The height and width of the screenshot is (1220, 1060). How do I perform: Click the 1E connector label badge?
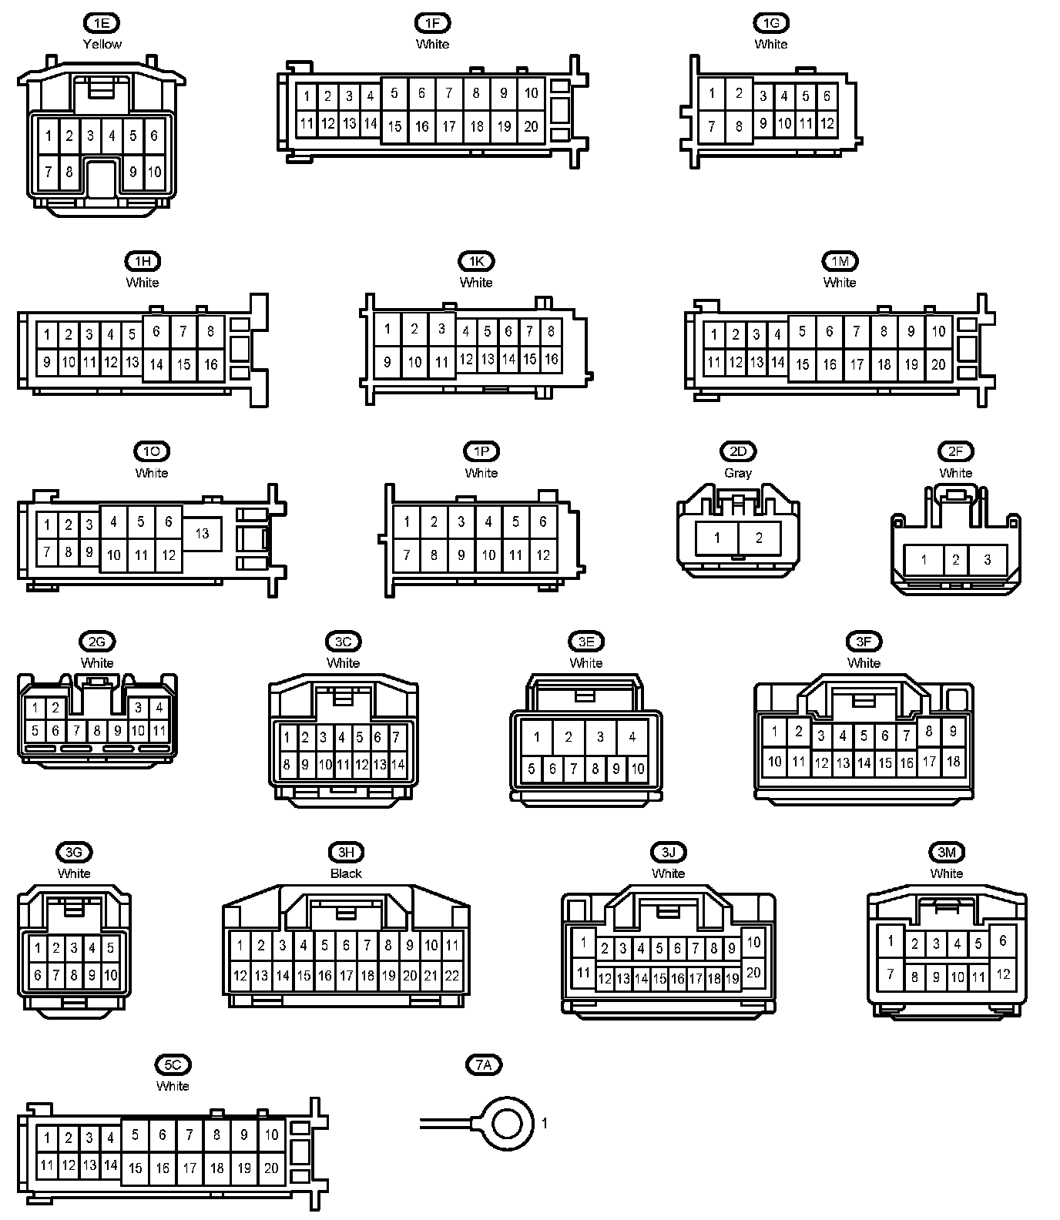pyautogui.click(x=102, y=23)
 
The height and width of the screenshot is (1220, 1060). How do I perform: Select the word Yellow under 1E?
pyautogui.click(x=102, y=44)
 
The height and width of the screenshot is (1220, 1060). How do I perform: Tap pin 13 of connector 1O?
pyautogui.click(x=202, y=533)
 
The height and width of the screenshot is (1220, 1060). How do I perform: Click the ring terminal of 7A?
pyautogui.click(x=506, y=1124)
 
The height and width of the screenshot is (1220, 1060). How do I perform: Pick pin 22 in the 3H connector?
pyautogui.click(x=452, y=975)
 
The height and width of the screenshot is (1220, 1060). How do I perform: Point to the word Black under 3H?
pyautogui.click(x=346, y=873)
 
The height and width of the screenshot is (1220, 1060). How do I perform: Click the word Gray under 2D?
pyautogui.click(x=737, y=473)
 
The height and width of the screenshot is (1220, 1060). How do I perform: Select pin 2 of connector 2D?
pyautogui.click(x=759, y=538)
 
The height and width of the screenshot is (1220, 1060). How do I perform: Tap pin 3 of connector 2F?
pyautogui.click(x=988, y=560)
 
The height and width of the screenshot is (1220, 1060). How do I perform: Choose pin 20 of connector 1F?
pyautogui.click(x=531, y=126)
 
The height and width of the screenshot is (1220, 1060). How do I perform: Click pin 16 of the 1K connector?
pyautogui.click(x=551, y=359)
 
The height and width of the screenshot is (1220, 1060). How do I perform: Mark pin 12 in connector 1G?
pyautogui.click(x=827, y=123)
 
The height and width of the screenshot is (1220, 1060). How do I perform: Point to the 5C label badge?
pyautogui.click(x=173, y=1064)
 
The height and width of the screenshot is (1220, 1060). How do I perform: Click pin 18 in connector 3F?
pyautogui.click(x=953, y=761)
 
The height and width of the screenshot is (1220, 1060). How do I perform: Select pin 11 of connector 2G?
pyautogui.click(x=159, y=731)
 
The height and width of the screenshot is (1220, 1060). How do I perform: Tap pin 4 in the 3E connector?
pyautogui.click(x=632, y=737)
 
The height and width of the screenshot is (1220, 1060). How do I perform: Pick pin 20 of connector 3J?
pyautogui.click(x=753, y=972)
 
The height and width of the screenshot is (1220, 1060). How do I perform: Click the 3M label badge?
pyautogui.click(x=946, y=852)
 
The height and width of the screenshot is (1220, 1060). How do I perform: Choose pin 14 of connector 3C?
pyautogui.click(x=397, y=765)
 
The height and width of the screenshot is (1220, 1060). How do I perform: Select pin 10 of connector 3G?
pyautogui.click(x=110, y=975)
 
